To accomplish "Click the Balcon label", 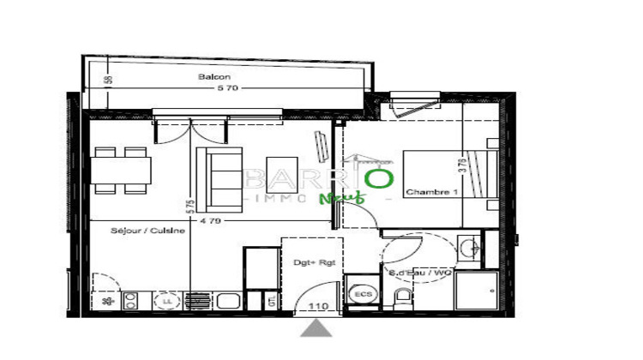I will point(214,77).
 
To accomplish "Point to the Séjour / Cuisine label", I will point(147,230).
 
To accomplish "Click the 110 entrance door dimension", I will point(318,306).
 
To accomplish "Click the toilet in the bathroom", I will point(401,299).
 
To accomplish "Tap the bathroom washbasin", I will point(469,250).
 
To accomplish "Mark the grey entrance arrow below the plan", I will point(318,328).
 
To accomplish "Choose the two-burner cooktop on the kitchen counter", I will point(132,301).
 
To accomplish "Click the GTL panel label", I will point(272,302).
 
